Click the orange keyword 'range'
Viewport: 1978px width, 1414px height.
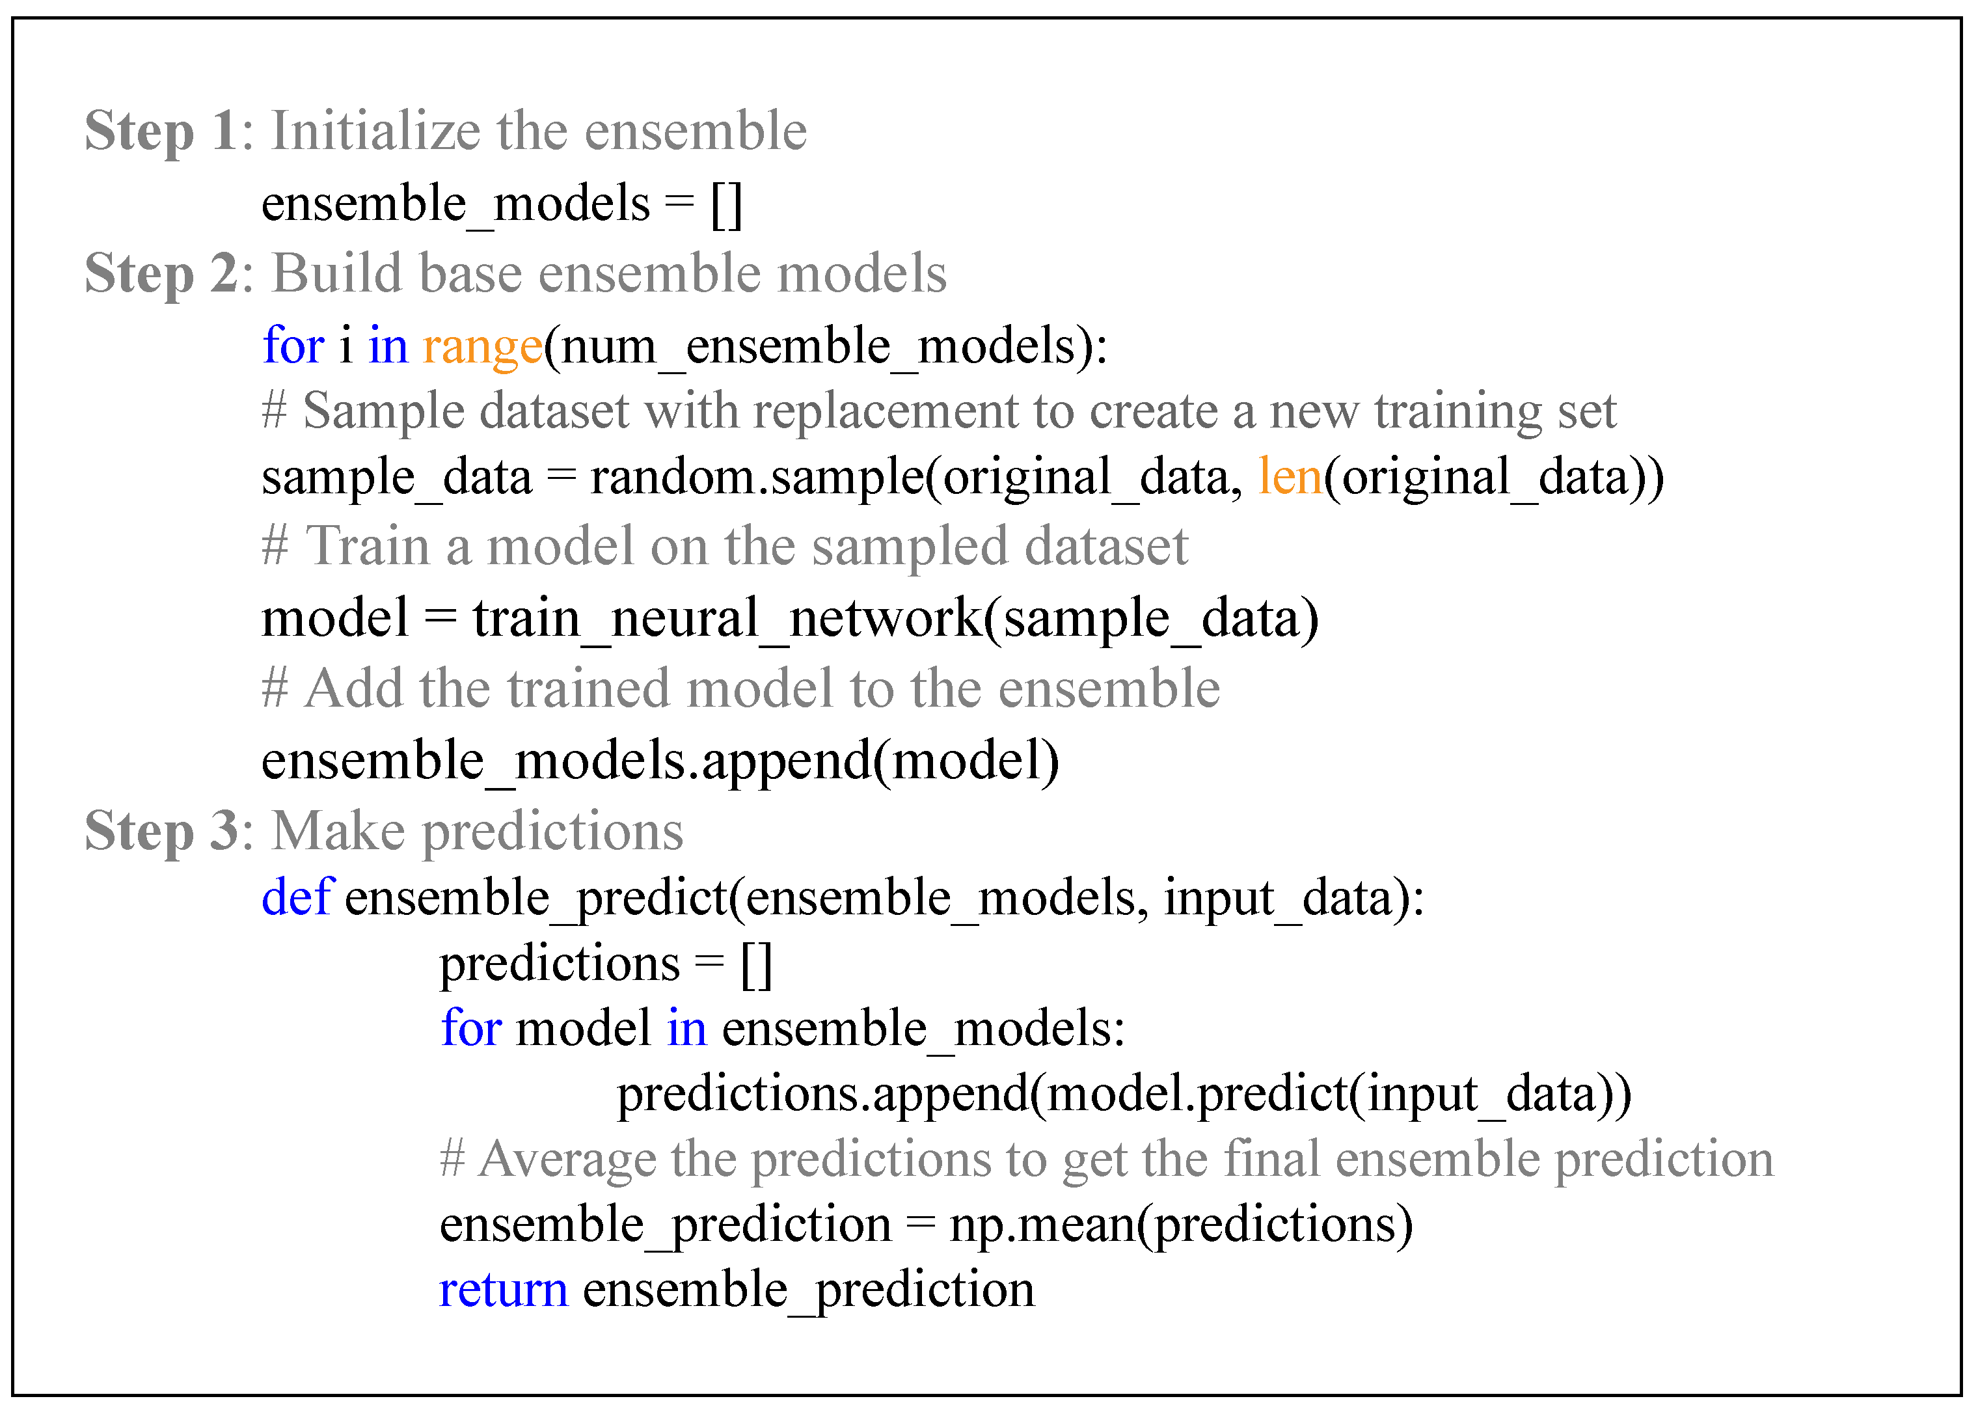(x=482, y=347)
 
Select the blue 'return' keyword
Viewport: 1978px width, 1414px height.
(x=503, y=1290)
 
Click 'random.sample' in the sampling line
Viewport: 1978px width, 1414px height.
(x=757, y=477)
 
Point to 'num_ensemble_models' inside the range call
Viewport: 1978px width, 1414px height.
(x=819, y=347)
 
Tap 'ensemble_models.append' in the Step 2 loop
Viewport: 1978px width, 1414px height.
(x=566, y=761)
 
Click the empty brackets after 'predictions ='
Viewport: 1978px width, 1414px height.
(x=755, y=964)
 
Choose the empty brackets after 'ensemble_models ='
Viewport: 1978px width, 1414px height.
(x=726, y=204)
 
